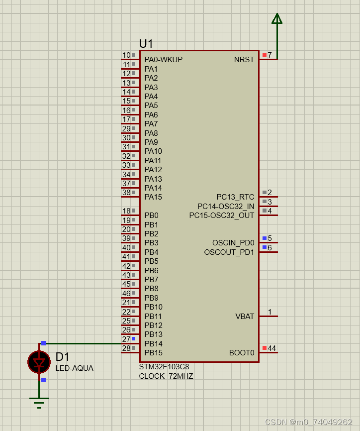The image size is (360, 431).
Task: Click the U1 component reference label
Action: point(146,44)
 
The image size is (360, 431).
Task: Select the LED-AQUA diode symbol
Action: point(39,362)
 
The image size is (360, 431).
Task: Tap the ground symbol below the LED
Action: point(39,401)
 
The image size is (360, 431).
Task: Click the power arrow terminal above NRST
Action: point(277,19)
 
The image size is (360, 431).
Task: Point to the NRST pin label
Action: point(244,60)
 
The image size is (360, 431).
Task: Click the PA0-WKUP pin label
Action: point(163,60)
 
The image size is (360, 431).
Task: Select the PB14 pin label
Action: point(153,344)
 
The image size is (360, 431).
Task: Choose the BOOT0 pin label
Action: point(242,353)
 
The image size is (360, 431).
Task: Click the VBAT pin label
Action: point(245,317)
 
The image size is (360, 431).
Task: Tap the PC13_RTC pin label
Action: point(235,197)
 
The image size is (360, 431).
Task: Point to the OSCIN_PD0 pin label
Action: point(233,243)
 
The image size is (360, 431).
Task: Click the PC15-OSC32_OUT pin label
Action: point(221,215)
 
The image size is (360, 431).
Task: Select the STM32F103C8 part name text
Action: point(164,367)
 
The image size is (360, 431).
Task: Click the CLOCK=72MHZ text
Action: point(166,376)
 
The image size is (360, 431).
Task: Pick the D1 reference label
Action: point(63,357)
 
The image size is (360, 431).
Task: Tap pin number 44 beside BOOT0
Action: point(272,348)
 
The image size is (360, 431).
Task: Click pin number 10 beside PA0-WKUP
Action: point(126,55)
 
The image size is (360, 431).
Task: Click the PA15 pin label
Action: point(153,197)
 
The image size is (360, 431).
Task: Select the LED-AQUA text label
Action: point(74,368)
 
